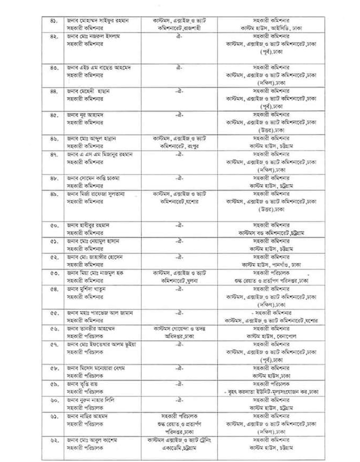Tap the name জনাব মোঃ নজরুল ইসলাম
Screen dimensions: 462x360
tap(95, 37)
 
